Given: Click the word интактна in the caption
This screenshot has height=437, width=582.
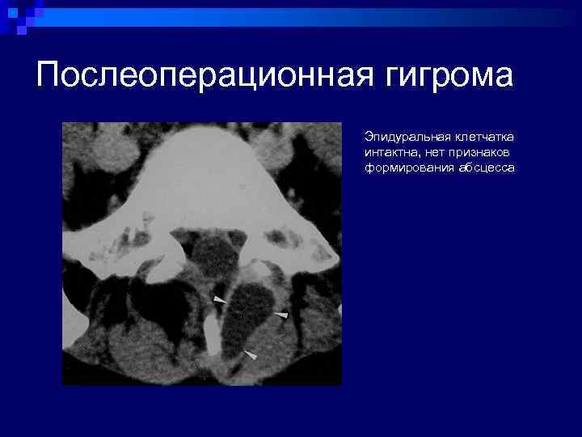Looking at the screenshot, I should tap(386, 151).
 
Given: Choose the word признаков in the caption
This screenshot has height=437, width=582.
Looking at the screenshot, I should tap(471, 151).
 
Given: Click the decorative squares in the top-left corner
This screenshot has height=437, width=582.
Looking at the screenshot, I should tap(20, 16).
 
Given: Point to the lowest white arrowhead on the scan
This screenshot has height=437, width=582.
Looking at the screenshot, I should tap(251, 354).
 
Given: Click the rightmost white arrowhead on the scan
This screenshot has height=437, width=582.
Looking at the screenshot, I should tap(280, 314).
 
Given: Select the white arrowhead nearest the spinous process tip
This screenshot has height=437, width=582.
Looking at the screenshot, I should tap(220, 300).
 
